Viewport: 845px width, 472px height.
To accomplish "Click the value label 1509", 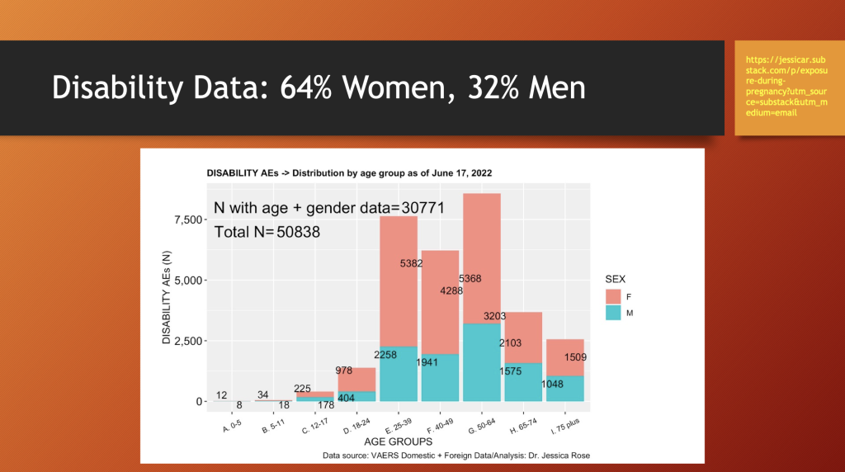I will click(x=577, y=357).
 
